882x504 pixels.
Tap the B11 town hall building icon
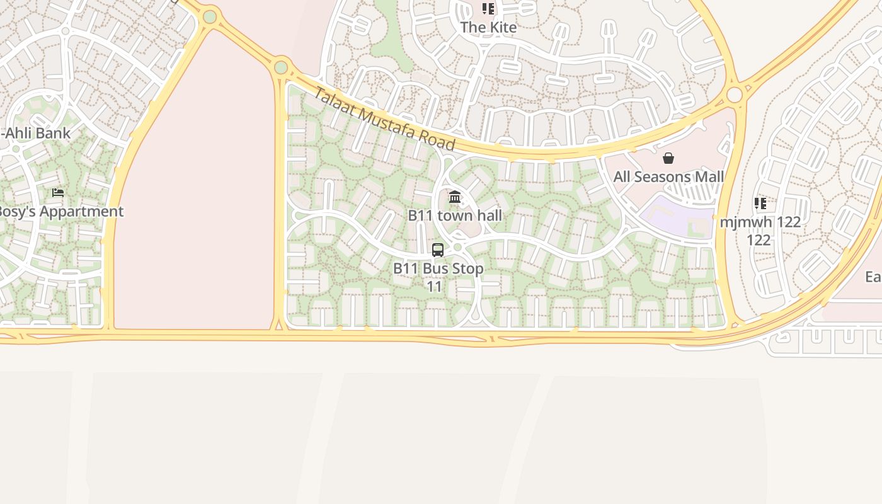click(x=455, y=198)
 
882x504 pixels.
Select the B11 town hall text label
click(x=455, y=215)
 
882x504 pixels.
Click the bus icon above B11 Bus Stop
click(x=438, y=250)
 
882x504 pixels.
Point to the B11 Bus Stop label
click(x=438, y=269)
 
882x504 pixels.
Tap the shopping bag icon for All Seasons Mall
click(x=668, y=158)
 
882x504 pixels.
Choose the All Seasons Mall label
click(x=668, y=177)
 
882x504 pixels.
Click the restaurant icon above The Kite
click(x=488, y=9)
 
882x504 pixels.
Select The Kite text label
click(x=488, y=27)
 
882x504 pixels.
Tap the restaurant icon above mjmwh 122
click(x=760, y=203)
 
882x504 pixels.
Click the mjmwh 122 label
click(x=760, y=222)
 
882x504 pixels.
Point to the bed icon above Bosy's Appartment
click(x=58, y=193)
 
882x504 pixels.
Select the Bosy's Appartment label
click(x=60, y=212)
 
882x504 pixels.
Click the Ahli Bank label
click(x=37, y=133)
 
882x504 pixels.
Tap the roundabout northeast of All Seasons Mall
click(x=735, y=94)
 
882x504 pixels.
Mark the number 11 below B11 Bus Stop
click(x=435, y=287)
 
